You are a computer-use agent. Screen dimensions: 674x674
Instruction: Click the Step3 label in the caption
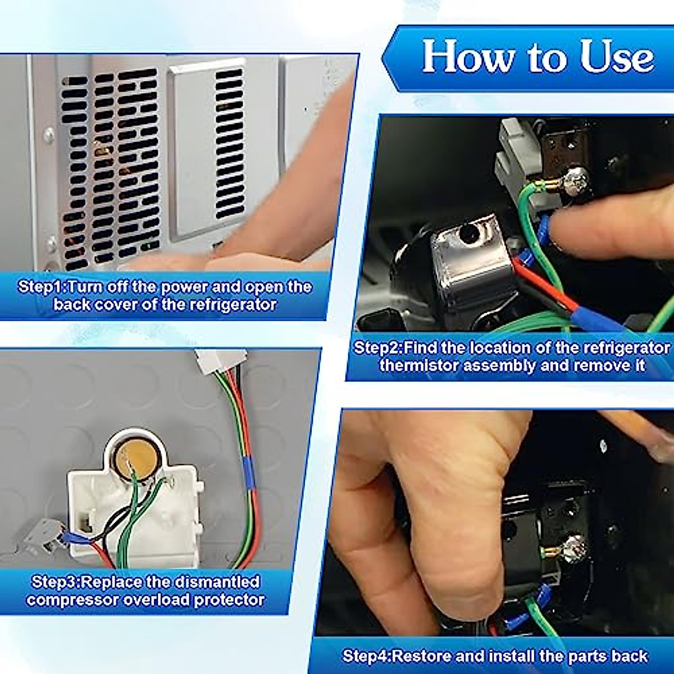coord(56,581)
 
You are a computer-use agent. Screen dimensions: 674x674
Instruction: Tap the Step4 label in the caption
coord(366,655)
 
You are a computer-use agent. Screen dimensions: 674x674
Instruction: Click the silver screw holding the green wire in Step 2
coord(576,181)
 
